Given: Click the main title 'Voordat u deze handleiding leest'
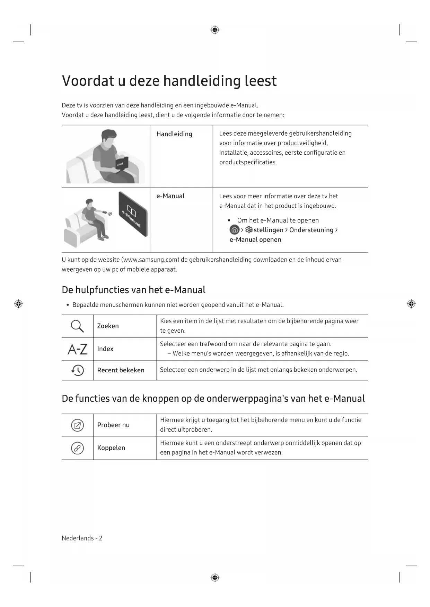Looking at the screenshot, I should pyautogui.click(x=169, y=81).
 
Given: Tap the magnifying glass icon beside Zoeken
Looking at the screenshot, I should pyautogui.click(x=77, y=326).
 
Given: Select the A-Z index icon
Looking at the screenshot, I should pyautogui.click(x=78, y=349).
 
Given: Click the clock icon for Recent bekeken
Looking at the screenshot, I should pyautogui.click(x=78, y=370).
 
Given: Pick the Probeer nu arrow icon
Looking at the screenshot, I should pyautogui.click(x=77, y=425).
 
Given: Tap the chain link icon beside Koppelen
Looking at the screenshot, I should pyautogui.click(x=77, y=448).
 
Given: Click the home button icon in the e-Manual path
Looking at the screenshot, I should pyautogui.click(x=235, y=230).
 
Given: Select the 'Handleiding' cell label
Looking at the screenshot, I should pyautogui.click(x=174, y=134).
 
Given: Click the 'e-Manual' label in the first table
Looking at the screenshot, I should pyautogui.click(x=170, y=196).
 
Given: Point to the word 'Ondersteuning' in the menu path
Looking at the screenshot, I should pyautogui.click(x=311, y=230).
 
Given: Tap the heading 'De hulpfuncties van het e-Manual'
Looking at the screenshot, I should pyautogui.click(x=133, y=290).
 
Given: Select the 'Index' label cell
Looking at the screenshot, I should pyautogui.click(x=105, y=349).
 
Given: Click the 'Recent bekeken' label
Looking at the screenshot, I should pyautogui.click(x=121, y=370).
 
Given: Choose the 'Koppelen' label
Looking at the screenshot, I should pyautogui.click(x=111, y=448).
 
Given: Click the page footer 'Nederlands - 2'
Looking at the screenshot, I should pyautogui.click(x=82, y=538).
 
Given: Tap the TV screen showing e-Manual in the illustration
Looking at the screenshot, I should pyautogui.click(x=133, y=214).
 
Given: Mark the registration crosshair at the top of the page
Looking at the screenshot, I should pyautogui.click(x=215, y=30).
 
